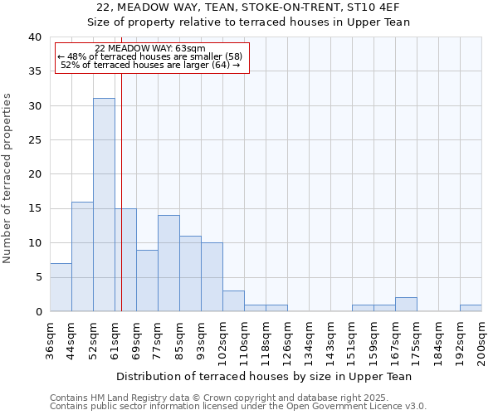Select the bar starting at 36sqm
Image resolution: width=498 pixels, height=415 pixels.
point(61,287)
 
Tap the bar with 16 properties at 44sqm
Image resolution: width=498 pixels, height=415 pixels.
point(82,256)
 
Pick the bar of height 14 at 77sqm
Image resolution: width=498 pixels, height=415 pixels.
point(168,263)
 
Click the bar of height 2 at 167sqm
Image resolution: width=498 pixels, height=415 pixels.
point(406,305)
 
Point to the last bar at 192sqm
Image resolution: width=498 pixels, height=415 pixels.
point(471,308)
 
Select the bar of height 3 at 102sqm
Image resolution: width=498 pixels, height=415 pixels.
point(233,301)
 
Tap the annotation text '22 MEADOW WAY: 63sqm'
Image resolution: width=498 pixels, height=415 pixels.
point(150,49)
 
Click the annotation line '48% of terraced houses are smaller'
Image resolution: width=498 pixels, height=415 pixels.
point(150,56)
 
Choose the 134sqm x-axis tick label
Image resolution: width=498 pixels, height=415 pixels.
point(310,339)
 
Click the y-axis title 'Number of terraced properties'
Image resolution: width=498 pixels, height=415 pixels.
point(7,178)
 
